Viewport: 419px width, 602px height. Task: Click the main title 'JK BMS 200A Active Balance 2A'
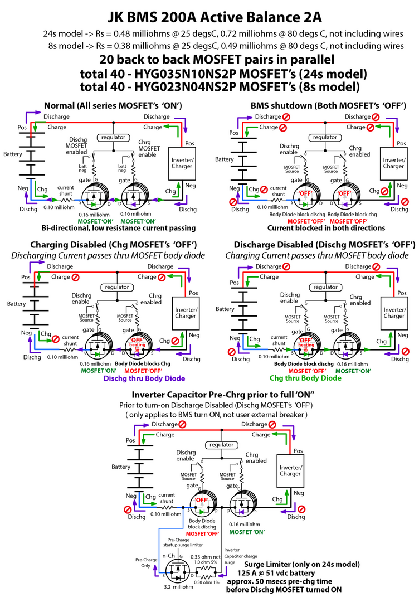pyautogui.click(x=209, y=11)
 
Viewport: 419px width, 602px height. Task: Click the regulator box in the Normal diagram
pyautogui.click(x=113, y=137)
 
